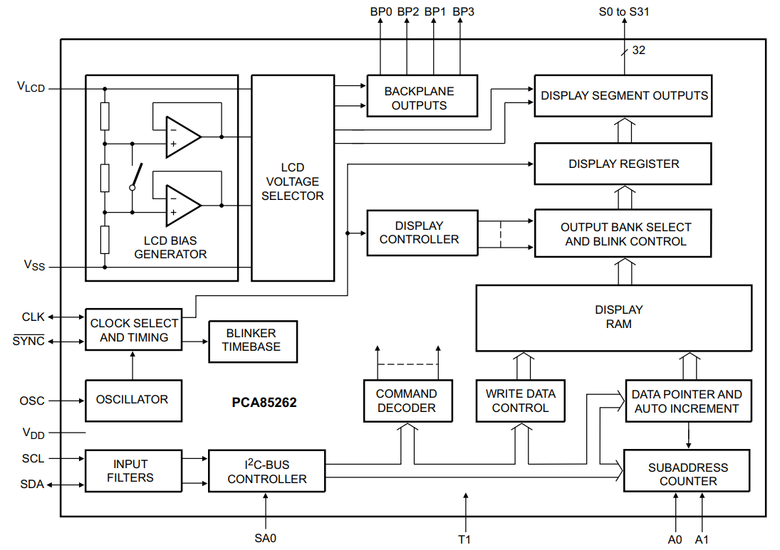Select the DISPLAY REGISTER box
(x=623, y=164)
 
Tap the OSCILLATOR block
(x=132, y=400)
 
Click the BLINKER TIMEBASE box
(x=251, y=341)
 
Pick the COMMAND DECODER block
(x=407, y=401)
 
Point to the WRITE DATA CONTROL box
(x=521, y=401)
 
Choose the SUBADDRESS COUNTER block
(x=687, y=474)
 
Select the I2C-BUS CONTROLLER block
(x=267, y=471)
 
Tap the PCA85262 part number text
(x=264, y=403)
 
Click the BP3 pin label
(x=463, y=11)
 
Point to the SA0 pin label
(x=265, y=538)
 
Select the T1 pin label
(x=464, y=539)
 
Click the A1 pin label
(x=702, y=539)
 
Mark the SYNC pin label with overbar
(x=28, y=341)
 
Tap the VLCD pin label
(x=31, y=88)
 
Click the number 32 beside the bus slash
(x=638, y=51)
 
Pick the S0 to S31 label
(x=624, y=11)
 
